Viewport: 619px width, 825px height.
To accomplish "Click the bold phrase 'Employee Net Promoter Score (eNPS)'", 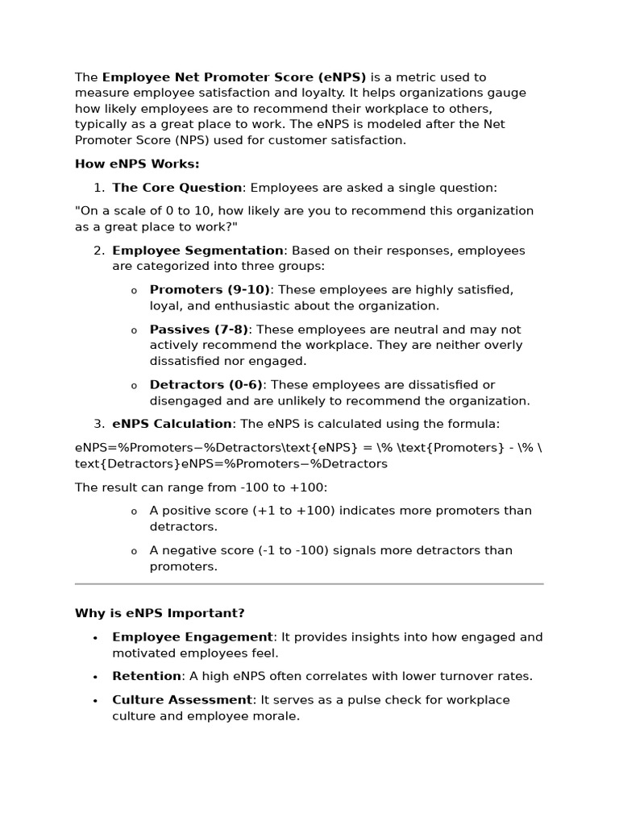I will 234,77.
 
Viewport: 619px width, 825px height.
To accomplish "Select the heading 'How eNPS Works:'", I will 137,164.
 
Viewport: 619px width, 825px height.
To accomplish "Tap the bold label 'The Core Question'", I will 177,188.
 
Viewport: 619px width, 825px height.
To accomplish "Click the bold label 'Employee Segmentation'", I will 197,251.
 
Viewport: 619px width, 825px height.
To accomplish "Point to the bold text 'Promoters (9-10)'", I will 210,290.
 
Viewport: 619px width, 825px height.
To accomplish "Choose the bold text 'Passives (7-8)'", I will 199,330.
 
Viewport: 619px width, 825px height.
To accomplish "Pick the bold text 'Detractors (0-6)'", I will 206,385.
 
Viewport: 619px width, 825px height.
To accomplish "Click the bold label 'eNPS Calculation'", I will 172,424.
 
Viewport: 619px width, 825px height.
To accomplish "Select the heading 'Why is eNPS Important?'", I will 160,613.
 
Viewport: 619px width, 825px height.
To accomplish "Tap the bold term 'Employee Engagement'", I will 193,637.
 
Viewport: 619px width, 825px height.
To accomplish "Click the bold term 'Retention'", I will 147,676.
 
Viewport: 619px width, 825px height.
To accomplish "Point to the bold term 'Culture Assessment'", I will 182,700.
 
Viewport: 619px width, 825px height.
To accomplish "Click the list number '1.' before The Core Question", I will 99,188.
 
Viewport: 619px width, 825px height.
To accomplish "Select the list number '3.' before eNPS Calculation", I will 99,424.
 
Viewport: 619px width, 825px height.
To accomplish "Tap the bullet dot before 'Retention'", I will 95,678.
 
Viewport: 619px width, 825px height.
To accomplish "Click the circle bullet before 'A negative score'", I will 134,552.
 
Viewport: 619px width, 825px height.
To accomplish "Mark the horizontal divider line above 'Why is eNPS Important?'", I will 309,583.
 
